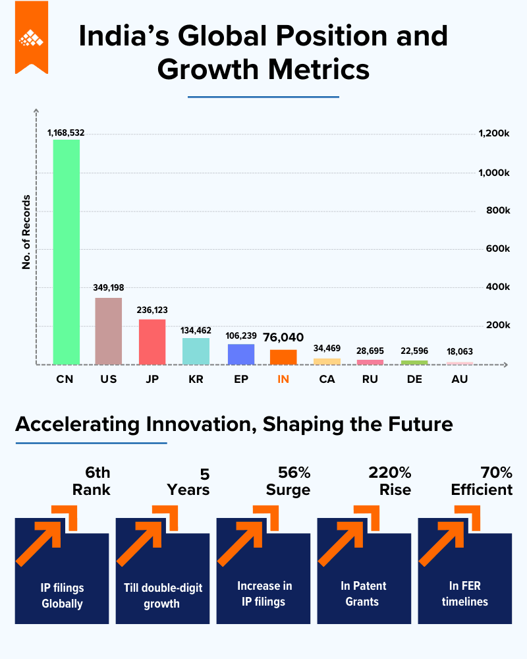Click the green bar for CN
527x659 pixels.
[67, 252]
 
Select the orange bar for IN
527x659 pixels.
[283, 357]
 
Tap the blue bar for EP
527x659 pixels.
[241, 355]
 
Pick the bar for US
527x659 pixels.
[109, 331]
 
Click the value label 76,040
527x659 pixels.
[283, 337]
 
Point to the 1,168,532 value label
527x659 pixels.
[66, 133]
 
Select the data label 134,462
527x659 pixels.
[196, 330]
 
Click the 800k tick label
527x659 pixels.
[498, 211]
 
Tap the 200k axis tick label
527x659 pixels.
[498, 326]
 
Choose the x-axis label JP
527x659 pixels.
[152, 379]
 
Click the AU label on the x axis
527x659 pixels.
[459, 379]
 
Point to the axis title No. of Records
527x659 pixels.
[26, 232]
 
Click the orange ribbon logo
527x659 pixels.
[32, 38]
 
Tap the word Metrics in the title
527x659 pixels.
[319, 69]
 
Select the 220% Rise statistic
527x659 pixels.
[389, 481]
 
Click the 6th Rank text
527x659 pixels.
[91, 481]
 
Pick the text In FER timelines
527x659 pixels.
[465, 594]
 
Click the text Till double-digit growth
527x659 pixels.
[163, 596]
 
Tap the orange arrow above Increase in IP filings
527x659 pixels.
[248, 536]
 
